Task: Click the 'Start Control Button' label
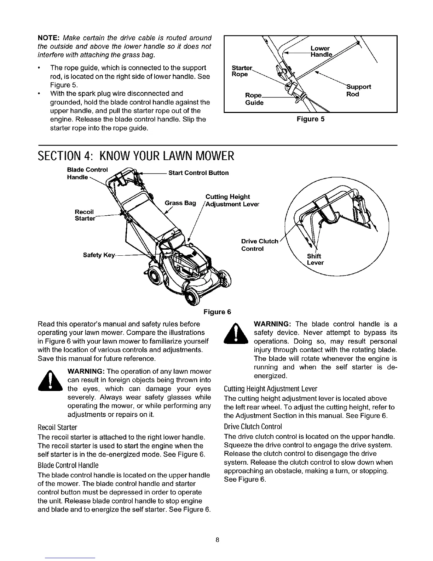pyautogui.click(x=198, y=173)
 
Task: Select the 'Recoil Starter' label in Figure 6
pyautogui.click(x=85, y=215)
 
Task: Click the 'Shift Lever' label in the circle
pyautogui.click(x=315, y=260)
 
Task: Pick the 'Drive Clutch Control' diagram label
pyautogui.click(x=259, y=245)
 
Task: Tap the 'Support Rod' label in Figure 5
pyautogui.click(x=358, y=90)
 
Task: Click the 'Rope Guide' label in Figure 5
pyautogui.click(x=254, y=99)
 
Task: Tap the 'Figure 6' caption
pyautogui.click(x=217, y=312)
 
